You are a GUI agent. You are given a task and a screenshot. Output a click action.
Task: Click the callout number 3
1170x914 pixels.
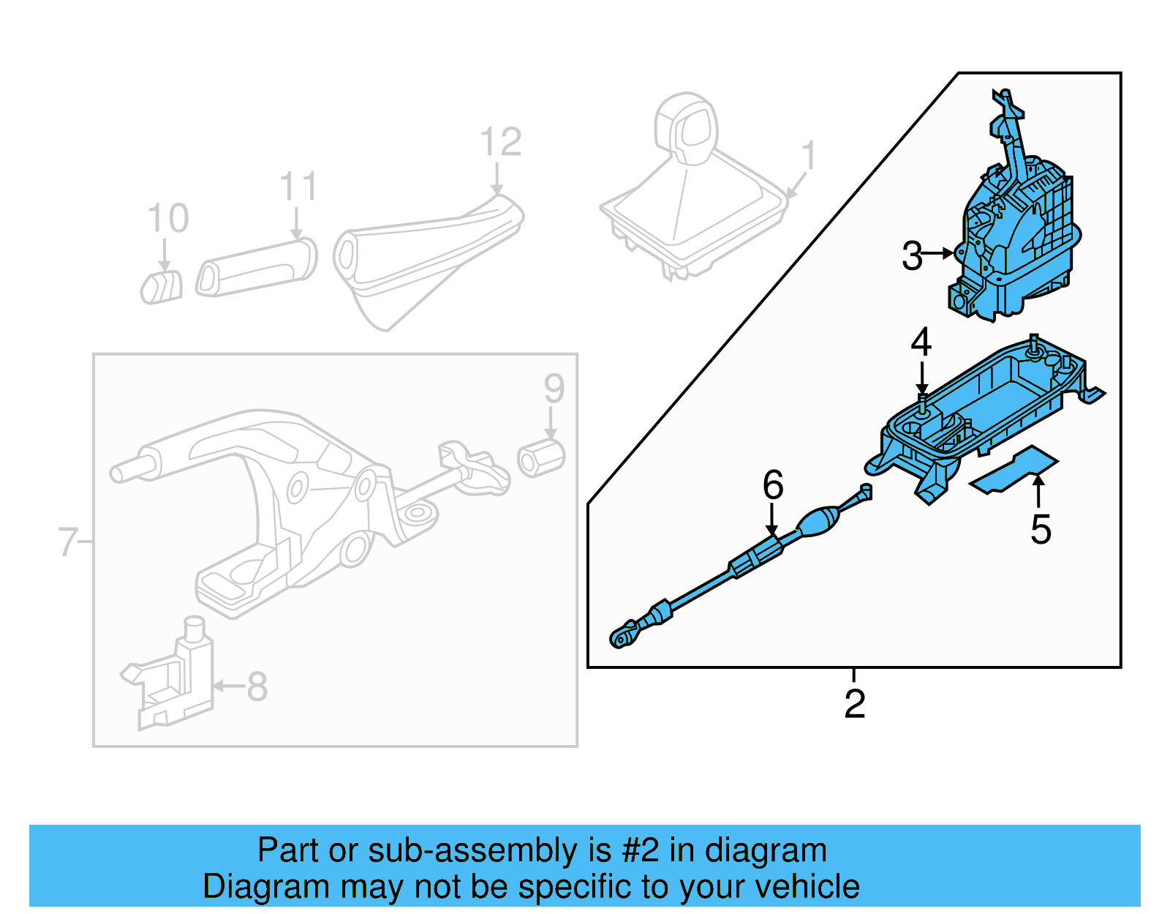[x=912, y=256]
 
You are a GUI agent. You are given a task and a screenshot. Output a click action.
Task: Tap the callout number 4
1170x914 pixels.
[x=921, y=342]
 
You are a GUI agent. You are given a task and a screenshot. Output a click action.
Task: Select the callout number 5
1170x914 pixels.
[x=1040, y=530]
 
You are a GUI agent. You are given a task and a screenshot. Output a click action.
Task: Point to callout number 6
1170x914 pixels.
[x=773, y=485]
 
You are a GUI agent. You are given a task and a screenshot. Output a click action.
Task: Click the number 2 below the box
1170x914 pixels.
[x=854, y=704]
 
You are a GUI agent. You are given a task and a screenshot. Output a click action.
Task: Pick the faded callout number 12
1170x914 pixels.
[x=501, y=142]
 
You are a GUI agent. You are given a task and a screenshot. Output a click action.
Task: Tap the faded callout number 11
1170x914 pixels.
[x=298, y=187]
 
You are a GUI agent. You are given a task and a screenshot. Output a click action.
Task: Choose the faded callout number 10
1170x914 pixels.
[x=168, y=218]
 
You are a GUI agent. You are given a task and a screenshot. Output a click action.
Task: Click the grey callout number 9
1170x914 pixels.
[x=554, y=388]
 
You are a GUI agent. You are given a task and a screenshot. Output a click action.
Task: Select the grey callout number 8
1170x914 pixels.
[x=257, y=686]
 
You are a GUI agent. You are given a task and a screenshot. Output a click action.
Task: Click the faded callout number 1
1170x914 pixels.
[x=808, y=156]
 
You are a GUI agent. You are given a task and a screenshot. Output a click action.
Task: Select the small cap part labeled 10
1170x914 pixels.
[x=162, y=286]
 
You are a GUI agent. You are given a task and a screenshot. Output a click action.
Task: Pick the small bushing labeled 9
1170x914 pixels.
[x=541, y=458]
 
